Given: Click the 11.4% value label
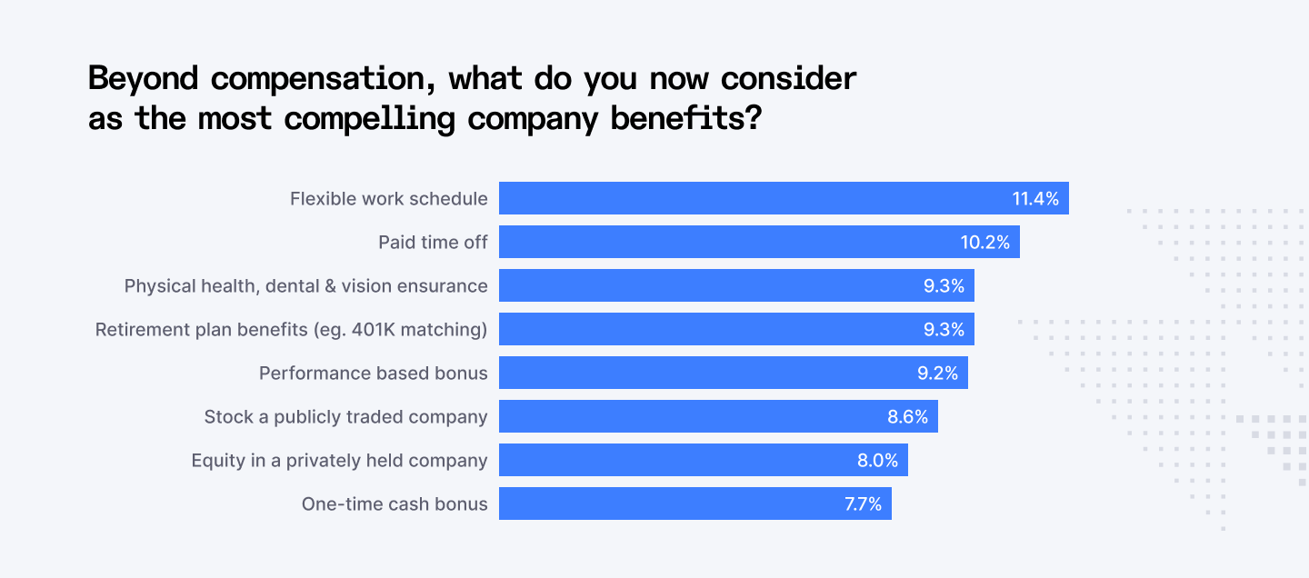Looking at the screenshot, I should [x=1035, y=198].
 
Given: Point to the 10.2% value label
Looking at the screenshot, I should [x=985, y=242].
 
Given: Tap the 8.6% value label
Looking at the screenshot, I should [x=907, y=416].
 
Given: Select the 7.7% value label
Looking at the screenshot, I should [x=863, y=503].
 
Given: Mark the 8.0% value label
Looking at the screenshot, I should [x=877, y=460].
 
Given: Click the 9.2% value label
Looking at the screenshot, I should [x=937, y=373].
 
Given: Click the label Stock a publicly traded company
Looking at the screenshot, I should [x=345, y=416].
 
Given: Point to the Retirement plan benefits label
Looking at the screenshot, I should [x=291, y=329].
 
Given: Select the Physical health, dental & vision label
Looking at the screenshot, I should [x=305, y=285].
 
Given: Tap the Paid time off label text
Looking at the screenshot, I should [x=433, y=242].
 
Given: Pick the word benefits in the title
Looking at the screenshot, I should [x=669, y=119].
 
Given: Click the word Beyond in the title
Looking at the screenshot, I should [x=143, y=79].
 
